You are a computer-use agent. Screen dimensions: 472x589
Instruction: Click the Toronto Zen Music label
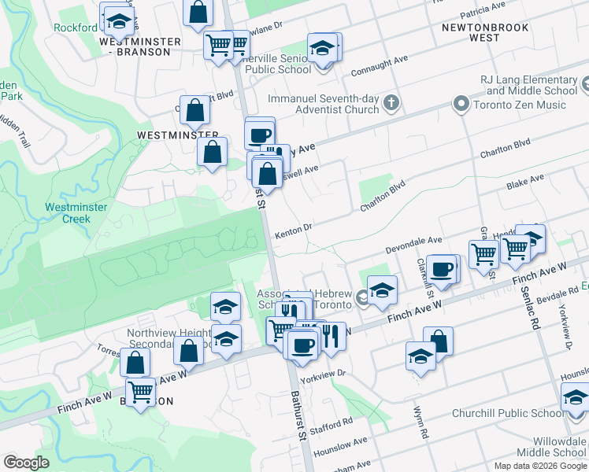(x=520, y=105)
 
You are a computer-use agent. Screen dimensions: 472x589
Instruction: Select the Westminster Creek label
(x=66, y=213)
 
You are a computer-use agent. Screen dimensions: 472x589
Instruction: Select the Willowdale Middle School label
(x=559, y=447)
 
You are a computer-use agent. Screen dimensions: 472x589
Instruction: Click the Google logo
(x=26, y=463)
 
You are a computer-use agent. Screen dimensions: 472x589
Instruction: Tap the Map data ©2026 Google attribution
(x=539, y=466)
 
